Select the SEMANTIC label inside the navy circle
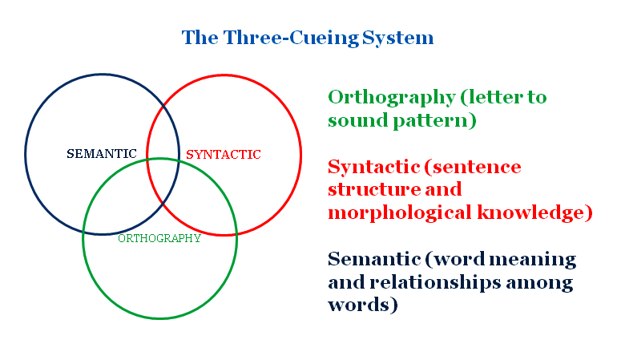tap(101, 154)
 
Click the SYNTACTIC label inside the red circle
tap(223, 154)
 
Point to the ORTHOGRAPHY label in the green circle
tap(159, 238)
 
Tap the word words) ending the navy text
tap(363, 305)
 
